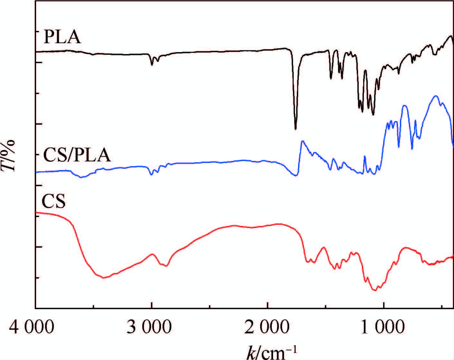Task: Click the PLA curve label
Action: (62, 37)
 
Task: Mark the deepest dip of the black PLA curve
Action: (296, 129)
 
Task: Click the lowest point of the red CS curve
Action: (374, 290)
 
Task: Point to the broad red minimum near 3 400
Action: (104, 278)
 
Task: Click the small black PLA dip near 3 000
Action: (152, 65)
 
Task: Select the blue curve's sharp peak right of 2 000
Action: (302, 141)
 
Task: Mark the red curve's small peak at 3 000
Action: (153, 254)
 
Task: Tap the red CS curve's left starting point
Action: (36, 213)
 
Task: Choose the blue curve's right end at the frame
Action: (453, 146)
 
